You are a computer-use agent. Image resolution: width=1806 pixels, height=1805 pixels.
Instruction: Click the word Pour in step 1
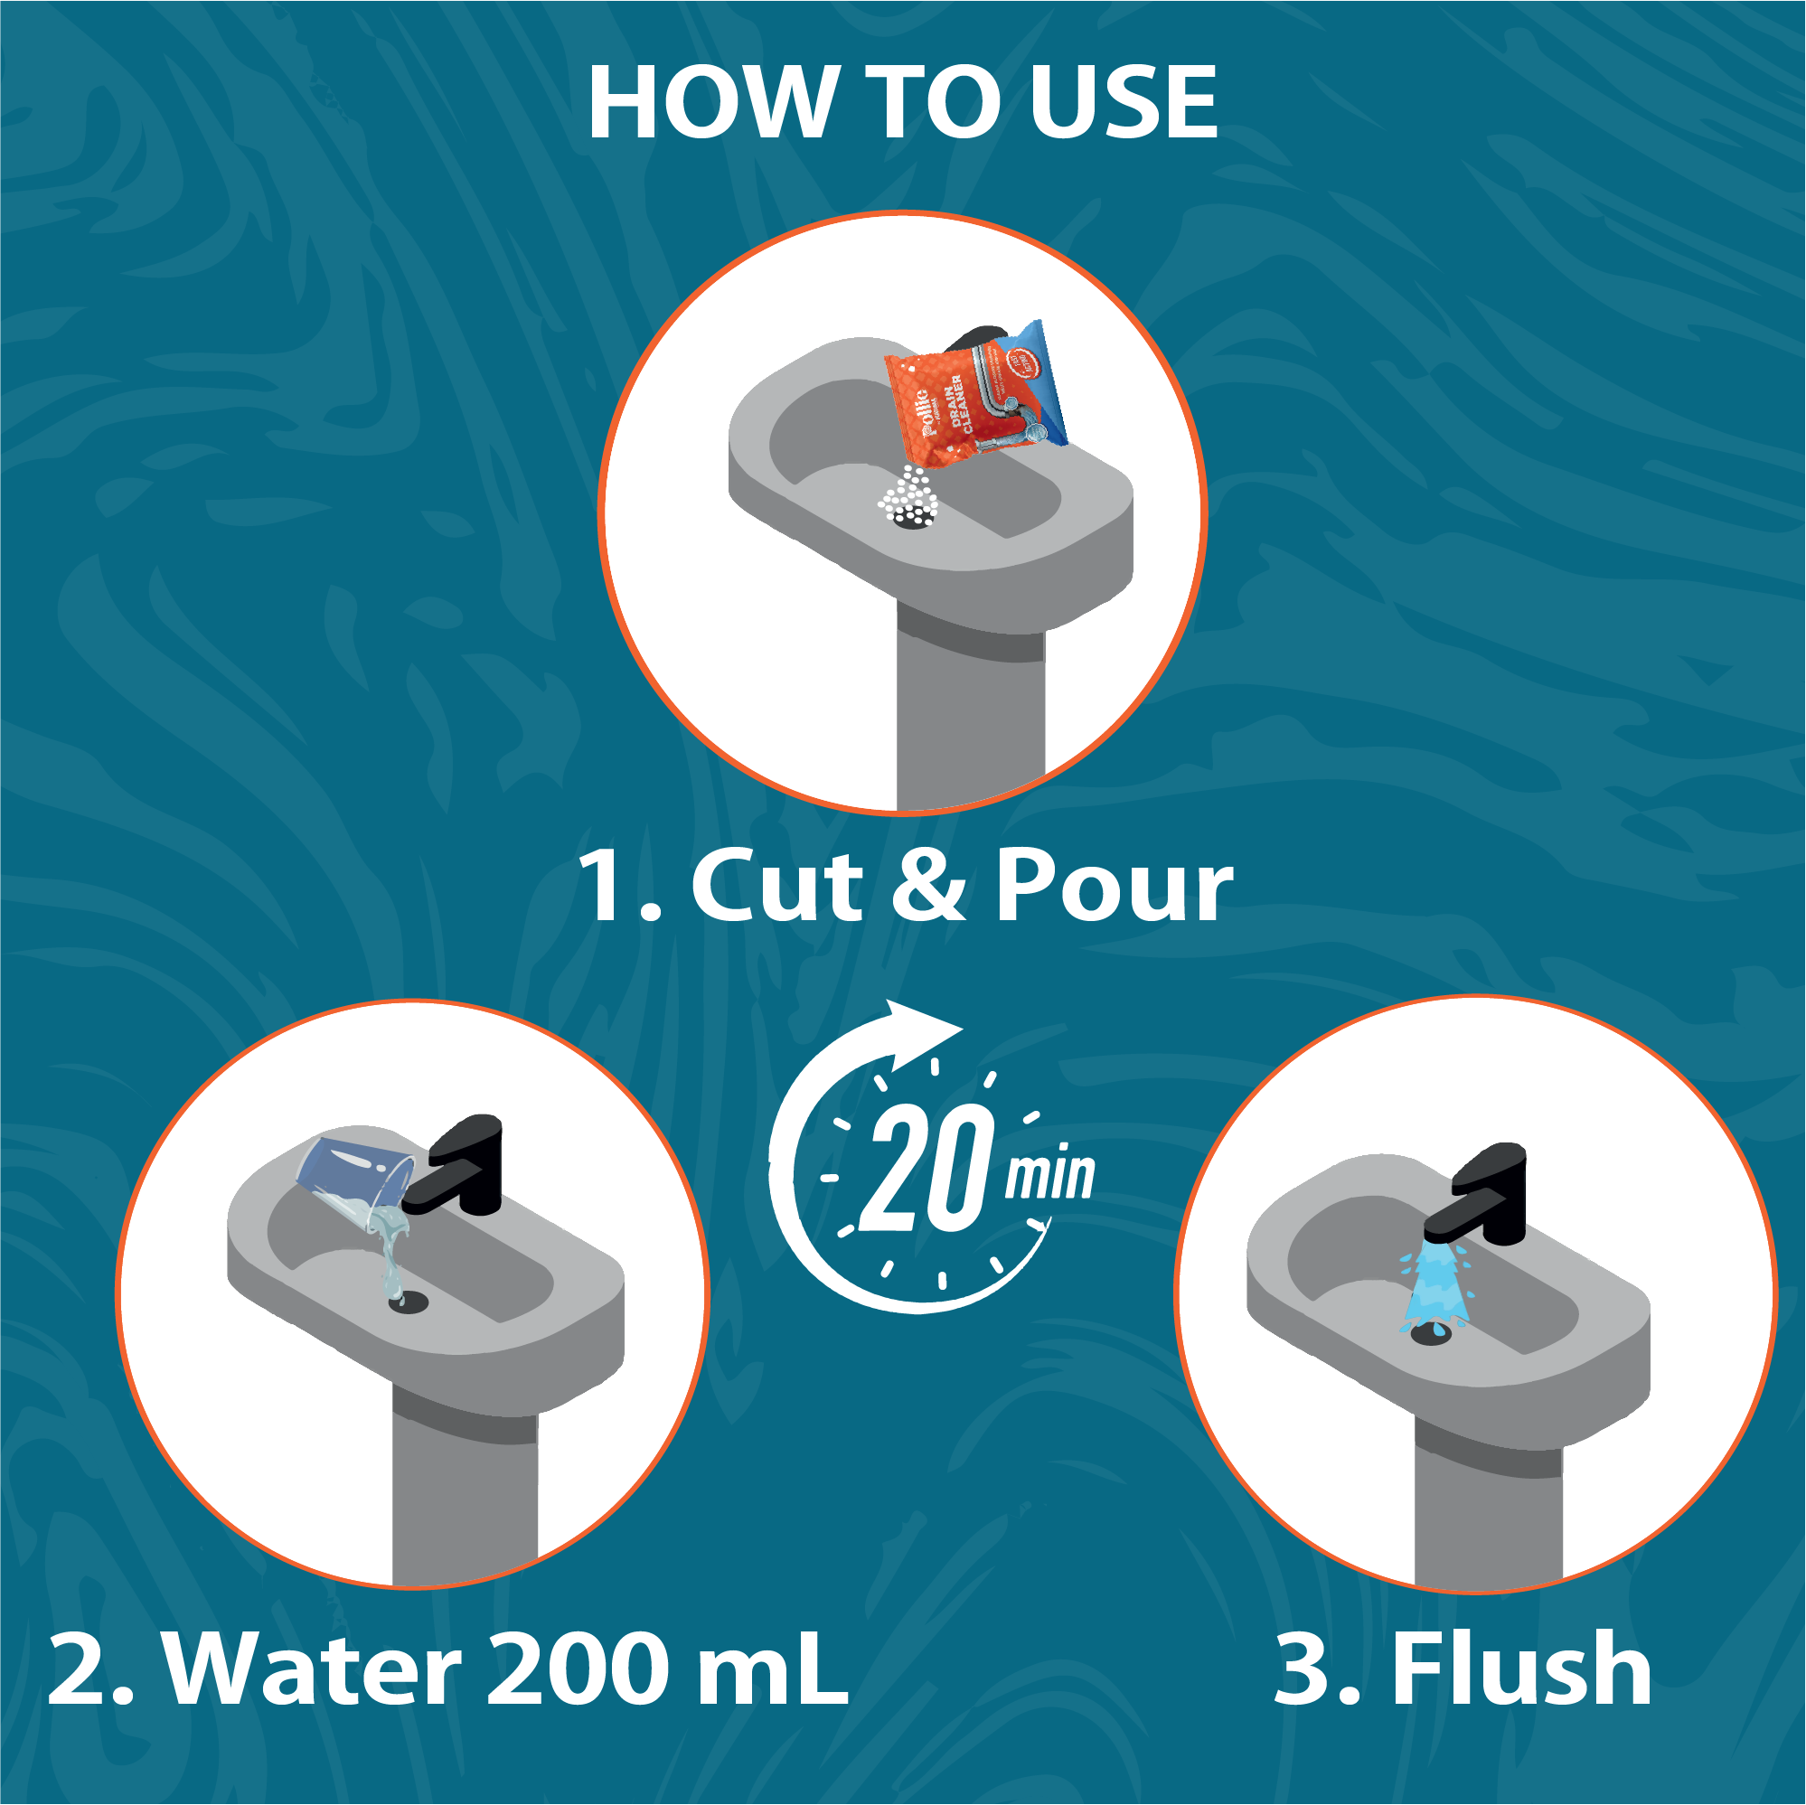click(1113, 886)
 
